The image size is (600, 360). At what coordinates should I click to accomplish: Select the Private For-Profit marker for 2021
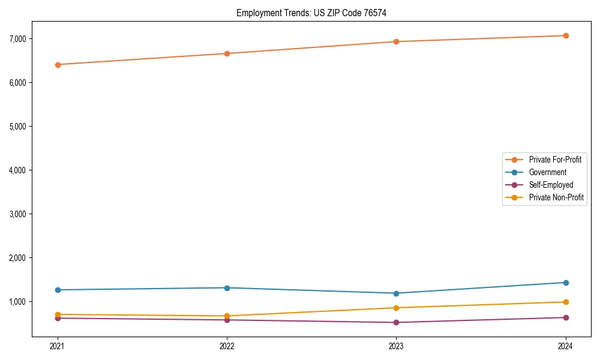click(58, 65)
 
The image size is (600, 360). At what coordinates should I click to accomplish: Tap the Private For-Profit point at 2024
click(566, 35)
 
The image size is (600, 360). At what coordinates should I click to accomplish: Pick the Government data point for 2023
click(396, 293)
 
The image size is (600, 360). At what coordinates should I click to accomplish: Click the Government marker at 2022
click(227, 288)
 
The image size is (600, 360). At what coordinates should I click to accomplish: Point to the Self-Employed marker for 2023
click(396, 323)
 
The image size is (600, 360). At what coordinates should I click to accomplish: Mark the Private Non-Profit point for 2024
click(566, 302)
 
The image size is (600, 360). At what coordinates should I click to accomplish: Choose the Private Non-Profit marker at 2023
click(396, 308)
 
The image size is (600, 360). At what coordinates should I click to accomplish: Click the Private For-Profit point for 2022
click(227, 53)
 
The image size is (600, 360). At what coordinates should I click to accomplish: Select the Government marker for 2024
click(566, 283)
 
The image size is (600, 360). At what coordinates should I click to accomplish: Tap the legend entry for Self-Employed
click(551, 185)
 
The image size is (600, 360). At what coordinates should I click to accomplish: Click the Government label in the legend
click(547, 172)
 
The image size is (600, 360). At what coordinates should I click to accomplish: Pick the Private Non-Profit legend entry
click(556, 197)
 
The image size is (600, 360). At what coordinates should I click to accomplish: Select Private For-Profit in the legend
click(555, 160)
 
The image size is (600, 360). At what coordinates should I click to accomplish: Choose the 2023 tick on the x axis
click(396, 346)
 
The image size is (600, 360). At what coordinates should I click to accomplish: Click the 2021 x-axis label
click(58, 346)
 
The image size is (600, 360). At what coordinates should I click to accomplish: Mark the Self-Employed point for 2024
click(566, 317)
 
